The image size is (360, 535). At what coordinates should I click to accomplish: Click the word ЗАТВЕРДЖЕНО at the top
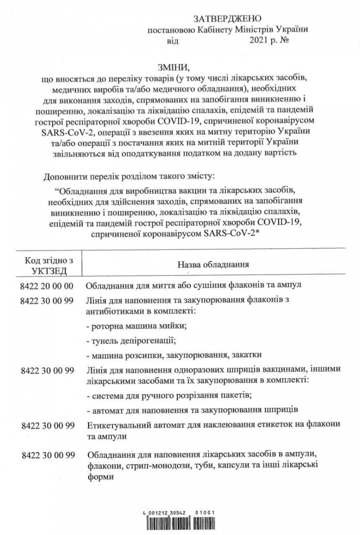[227, 18]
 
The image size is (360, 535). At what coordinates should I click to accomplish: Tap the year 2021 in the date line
[258, 40]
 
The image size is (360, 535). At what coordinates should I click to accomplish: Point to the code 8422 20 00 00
[47, 285]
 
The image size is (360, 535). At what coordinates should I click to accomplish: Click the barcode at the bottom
[180, 525]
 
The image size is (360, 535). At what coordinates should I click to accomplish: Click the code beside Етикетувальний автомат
[47, 424]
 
